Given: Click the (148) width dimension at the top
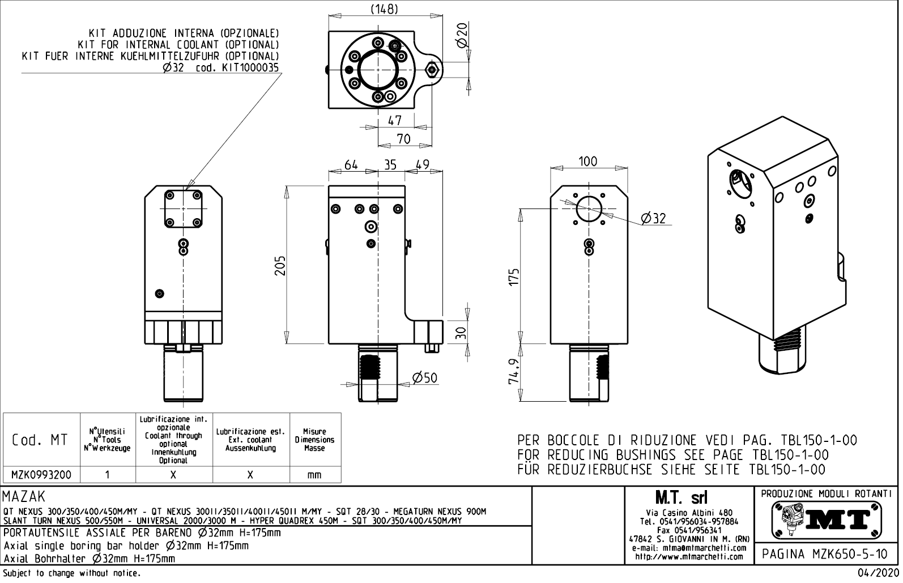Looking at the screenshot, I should (384, 9).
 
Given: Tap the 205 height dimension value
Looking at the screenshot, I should (280, 265).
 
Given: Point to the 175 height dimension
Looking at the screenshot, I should (514, 278).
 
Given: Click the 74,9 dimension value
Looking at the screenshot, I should (514, 371).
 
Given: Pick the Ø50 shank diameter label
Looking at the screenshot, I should (424, 377).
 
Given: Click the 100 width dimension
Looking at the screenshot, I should (587, 161).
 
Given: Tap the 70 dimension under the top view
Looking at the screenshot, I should (403, 139).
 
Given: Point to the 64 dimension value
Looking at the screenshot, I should (351, 165).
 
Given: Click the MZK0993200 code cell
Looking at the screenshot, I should (41, 475).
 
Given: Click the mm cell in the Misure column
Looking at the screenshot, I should (314, 475).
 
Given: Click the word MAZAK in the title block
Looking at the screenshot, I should (24, 497).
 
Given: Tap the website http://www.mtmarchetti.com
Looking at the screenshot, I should (689, 556).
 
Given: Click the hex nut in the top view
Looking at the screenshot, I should (432, 70).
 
